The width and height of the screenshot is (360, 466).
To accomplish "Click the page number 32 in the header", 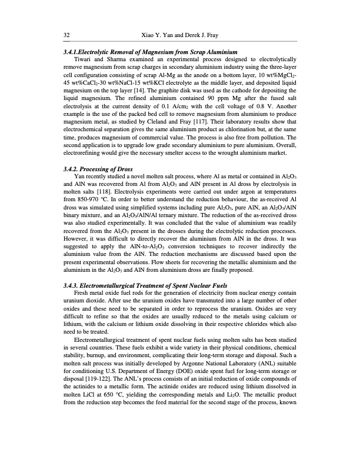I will point(66,35).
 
